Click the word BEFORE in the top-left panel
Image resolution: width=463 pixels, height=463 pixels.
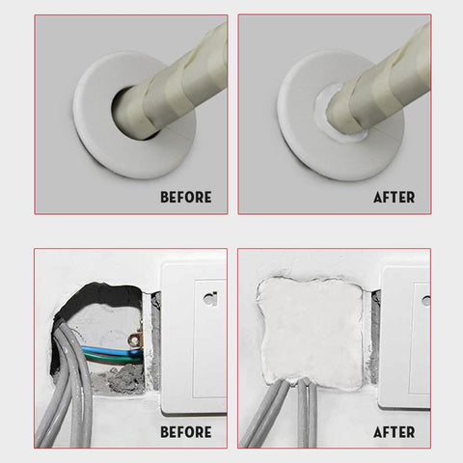[186, 197]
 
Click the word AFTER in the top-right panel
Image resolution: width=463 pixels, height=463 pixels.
[394, 197]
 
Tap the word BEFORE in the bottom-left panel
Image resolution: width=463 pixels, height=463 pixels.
[186, 432]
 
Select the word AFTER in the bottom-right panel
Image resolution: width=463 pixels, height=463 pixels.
[394, 432]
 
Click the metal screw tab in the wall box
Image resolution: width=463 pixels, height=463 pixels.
[134, 340]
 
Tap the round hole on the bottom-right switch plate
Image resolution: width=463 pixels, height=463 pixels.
[426, 301]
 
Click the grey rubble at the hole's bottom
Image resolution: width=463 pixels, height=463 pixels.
[119, 381]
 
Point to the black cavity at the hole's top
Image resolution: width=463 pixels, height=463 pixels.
[96, 296]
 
